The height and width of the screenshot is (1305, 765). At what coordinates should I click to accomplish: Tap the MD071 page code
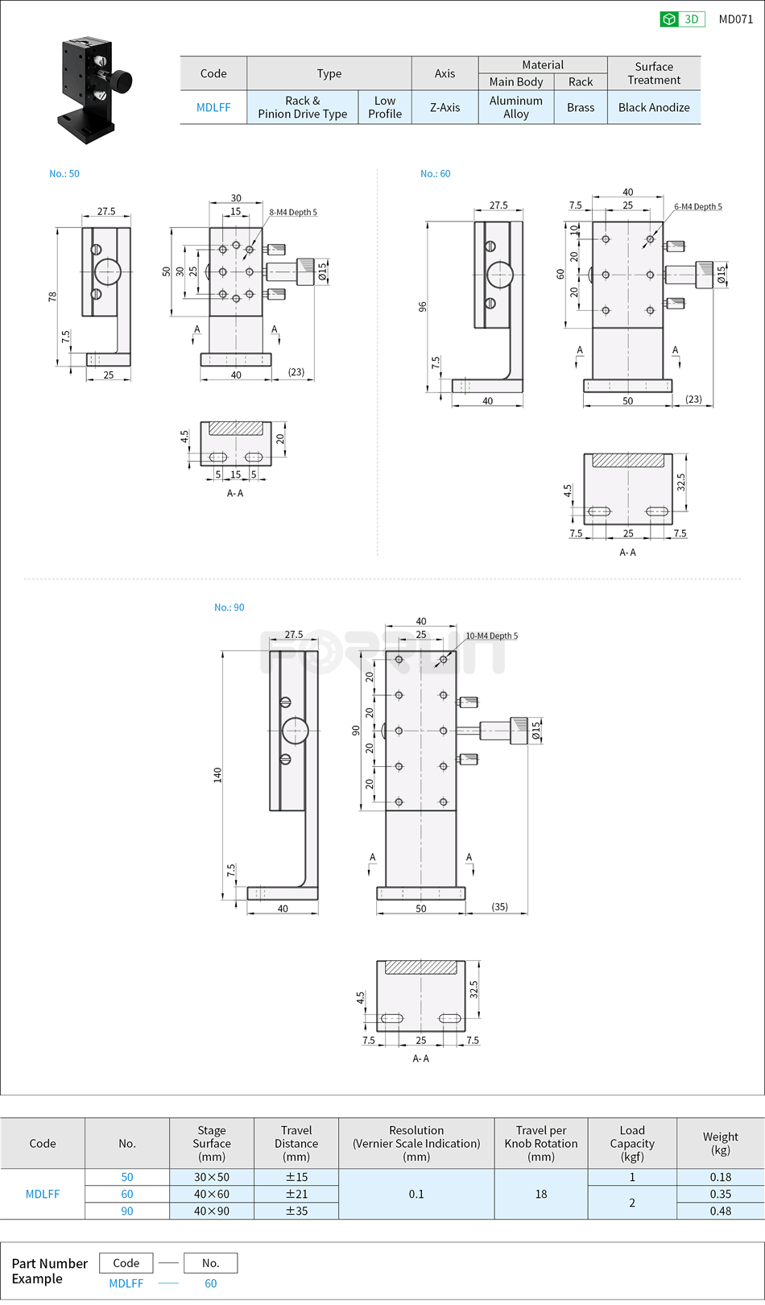[735, 19]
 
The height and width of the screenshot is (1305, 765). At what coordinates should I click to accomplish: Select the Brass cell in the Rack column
[580, 107]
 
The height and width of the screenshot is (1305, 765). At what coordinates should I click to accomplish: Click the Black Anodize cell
[654, 107]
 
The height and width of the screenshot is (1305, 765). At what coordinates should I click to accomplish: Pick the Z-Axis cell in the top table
[445, 107]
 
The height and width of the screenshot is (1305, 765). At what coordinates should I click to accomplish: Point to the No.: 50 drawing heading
[64, 173]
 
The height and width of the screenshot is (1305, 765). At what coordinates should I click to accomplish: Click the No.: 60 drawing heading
[435, 173]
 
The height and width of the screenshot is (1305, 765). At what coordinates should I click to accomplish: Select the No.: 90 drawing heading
[229, 607]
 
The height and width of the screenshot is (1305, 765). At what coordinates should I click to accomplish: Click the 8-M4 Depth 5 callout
[293, 213]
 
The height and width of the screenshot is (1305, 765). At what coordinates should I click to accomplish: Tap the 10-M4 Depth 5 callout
[491, 636]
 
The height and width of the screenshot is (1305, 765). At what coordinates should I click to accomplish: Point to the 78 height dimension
[52, 296]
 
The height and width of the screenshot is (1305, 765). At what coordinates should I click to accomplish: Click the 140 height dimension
[217, 775]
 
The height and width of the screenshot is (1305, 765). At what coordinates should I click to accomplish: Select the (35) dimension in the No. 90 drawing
[499, 907]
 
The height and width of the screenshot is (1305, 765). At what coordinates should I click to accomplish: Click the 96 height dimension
[423, 307]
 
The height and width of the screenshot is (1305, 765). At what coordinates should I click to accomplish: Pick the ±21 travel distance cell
[296, 1194]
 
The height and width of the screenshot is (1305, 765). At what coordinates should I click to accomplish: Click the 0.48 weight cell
[720, 1211]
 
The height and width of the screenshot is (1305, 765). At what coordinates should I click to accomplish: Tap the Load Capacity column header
[631, 1143]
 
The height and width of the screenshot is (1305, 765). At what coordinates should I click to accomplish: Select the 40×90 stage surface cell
[211, 1211]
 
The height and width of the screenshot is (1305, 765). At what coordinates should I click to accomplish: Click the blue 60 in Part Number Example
[210, 1283]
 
